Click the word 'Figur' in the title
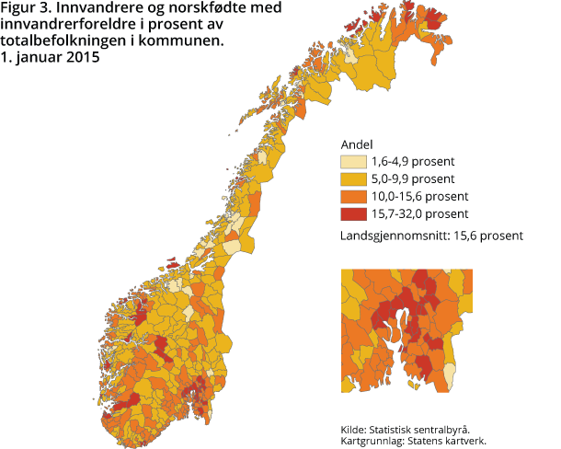pyautogui.click(x=18, y=9)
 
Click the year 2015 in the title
pyautogui.click(x=82, y=56)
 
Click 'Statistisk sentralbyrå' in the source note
pyautogui.click(x=418, y=430)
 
